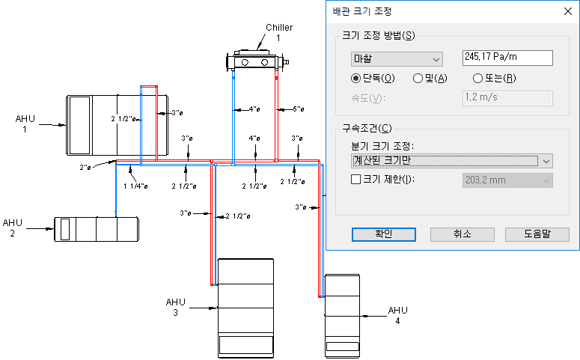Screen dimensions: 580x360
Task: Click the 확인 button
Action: [384, 234]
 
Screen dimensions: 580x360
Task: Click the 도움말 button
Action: [537, 234]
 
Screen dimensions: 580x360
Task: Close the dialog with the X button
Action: [568, 11]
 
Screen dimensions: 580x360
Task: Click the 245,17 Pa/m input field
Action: [507, 58]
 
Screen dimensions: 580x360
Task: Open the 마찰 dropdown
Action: [397, 59]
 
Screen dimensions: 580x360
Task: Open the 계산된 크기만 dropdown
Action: [451, 161]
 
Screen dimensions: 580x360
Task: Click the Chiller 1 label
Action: [279, 33]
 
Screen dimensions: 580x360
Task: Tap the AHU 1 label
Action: [25, 124]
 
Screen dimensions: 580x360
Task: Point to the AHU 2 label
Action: [13, 228]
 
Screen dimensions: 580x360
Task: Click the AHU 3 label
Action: [176, 307]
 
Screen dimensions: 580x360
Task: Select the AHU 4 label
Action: [397, 316]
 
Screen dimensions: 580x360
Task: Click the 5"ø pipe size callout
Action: [299, 109]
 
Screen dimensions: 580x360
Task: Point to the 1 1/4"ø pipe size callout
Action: [135, 186]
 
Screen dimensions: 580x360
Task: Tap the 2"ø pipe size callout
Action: [85, 168]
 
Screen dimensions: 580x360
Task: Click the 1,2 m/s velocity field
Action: [507, 98]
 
